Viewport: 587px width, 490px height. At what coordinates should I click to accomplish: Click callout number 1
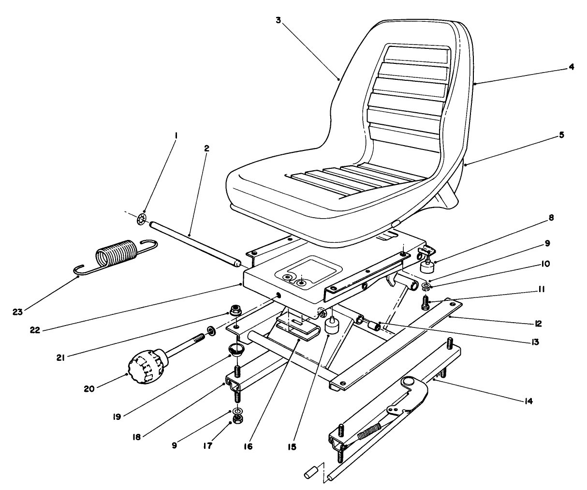pyautogui.click(x=176, y=136)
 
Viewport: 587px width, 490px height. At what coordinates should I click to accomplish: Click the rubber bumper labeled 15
pyautogui.click(x=332, y=325)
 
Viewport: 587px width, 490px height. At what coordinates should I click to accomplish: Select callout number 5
pyautogui.click(x=561, y=136)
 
